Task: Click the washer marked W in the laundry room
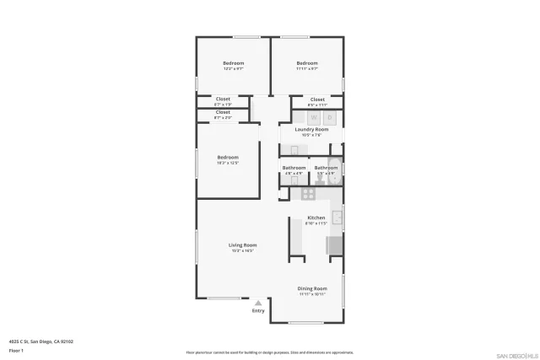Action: (314, 117)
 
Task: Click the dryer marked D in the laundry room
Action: (331, 117)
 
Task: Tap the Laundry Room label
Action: (310, 129)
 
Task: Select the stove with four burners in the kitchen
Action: (309, 193)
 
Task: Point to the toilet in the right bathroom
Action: (320, 179)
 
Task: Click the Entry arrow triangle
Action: (258, 303)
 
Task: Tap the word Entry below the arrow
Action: (258, 311)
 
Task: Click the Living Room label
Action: (242, 245)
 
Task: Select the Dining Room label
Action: (312, 288)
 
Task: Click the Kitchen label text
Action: (316, 218)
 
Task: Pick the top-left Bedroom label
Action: (233, 63)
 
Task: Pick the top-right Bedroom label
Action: (307, 63)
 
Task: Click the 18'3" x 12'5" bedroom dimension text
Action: (228, 163)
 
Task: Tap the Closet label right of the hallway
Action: (317, 99)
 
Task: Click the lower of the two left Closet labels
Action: (223, 112)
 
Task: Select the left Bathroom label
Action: (294, 167)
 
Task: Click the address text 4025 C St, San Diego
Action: (41, 341)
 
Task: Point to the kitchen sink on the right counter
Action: (337, 218)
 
